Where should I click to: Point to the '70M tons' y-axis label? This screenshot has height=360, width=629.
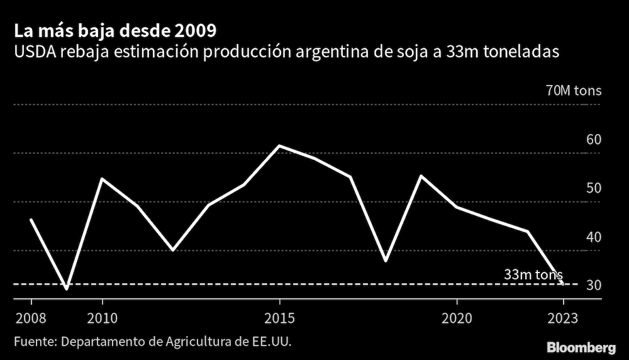tap(574, 91)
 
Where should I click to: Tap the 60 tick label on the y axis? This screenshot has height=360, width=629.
tap(594, 140)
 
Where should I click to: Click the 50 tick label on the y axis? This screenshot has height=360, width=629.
tap(594, 188)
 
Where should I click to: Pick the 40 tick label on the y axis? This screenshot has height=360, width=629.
tap(594, 237)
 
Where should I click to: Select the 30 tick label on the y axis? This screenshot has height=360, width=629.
tap(594, 286)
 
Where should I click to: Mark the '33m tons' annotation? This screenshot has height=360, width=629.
tap(533, 274)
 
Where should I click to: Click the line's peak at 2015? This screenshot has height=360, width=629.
tap(279, 146)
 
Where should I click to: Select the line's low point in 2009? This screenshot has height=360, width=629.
tap(66, 289)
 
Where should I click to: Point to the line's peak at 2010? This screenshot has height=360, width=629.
tap(102, 179)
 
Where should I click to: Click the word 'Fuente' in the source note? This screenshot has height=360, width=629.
tap(33, 342)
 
